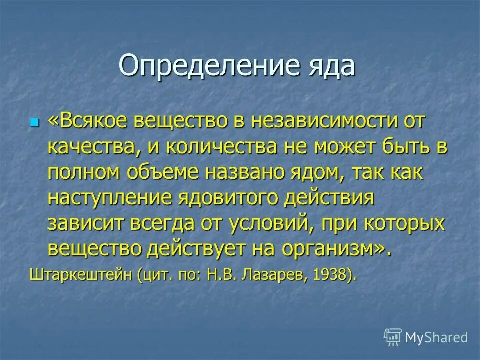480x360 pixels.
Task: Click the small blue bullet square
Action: pos(34,122)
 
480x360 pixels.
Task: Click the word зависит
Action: pos(84,223)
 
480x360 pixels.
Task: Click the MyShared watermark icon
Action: pos(392,337)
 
